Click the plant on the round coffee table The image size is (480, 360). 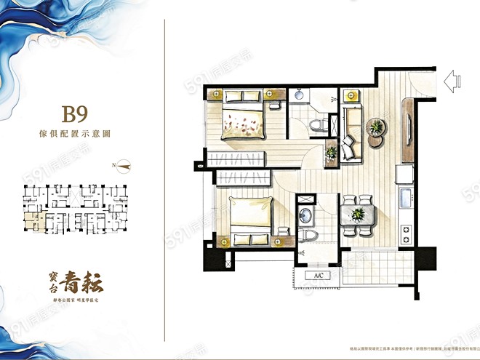coord(377,128)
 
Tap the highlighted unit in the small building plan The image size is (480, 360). coord(31,217)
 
